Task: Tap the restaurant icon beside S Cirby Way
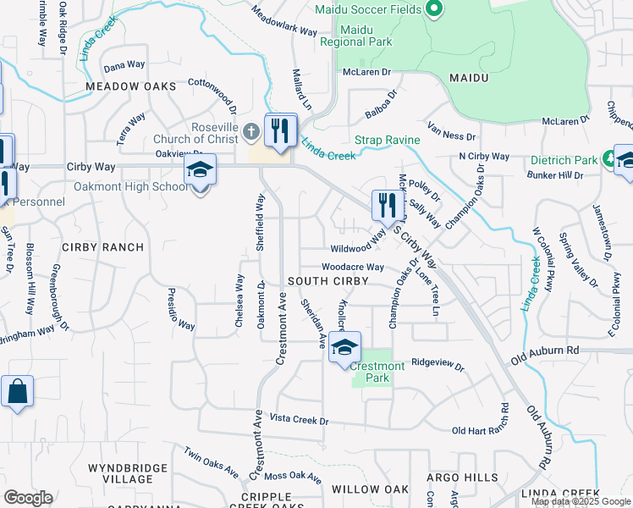[384, 205]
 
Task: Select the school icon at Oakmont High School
[200, 169]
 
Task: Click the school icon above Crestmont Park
[345, 346]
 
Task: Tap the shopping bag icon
[17, 392]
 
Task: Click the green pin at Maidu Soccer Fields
[433, 9]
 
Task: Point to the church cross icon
[250, 132]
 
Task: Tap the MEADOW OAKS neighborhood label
[130, 87]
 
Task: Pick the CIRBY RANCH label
[102, 247]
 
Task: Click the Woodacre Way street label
[353, 267]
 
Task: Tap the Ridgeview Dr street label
[438, 364]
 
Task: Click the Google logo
[29, 497]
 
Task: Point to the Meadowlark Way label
[284, 22]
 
